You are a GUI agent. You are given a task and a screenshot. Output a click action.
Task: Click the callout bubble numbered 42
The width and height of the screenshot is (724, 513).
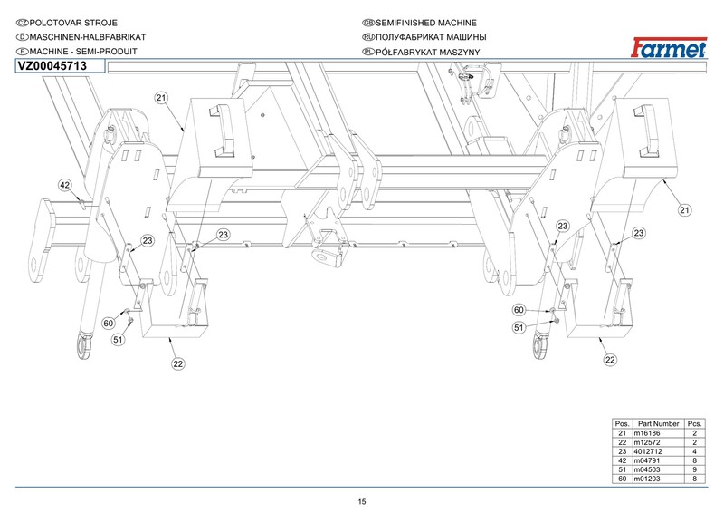point(65,185)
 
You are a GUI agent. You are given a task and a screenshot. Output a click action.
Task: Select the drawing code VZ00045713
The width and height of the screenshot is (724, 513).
point(52,66)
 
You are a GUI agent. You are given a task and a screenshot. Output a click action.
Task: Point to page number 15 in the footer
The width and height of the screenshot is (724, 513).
point(362,502)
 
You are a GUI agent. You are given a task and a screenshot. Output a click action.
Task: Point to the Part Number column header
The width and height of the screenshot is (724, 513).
point(658,424)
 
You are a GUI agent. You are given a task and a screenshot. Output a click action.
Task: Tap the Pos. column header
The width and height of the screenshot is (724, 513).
point(622,424)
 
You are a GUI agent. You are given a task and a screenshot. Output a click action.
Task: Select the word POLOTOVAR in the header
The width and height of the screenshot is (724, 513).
point(53,21)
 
